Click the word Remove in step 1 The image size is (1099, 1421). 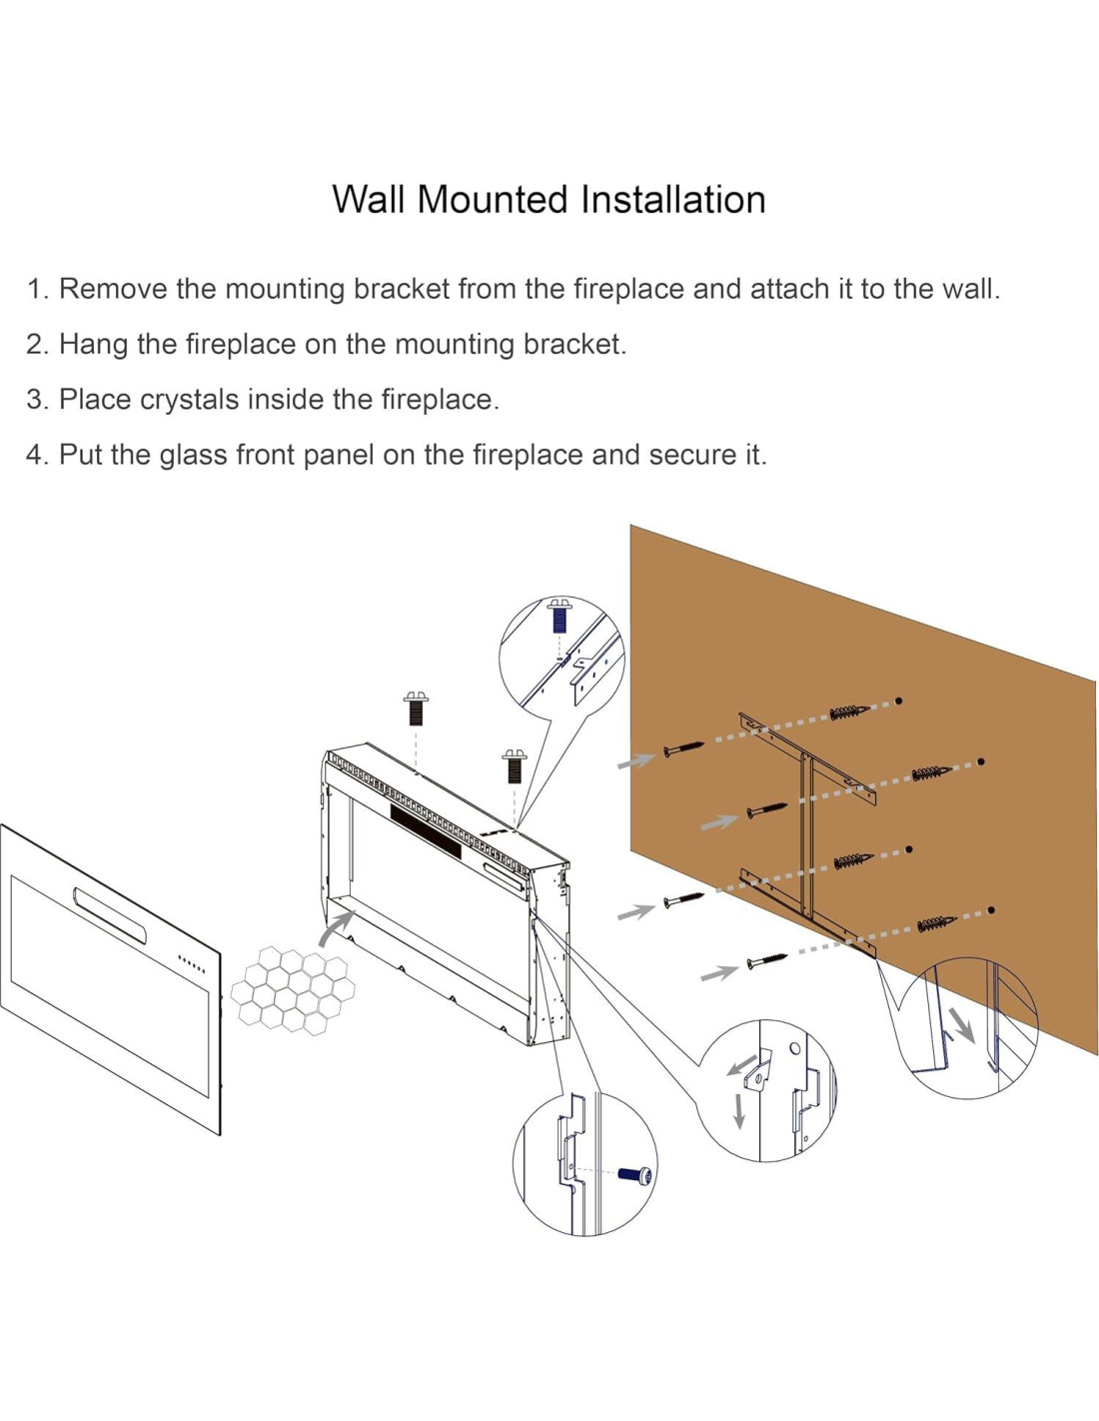click(x=113, y=289)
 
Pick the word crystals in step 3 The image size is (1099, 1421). click(x=190, y=400)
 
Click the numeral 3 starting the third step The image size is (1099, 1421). click(x=34, y=400)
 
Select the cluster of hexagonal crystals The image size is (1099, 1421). click(x=293, y=991)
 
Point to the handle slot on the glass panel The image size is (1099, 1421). click(x=109, y=914)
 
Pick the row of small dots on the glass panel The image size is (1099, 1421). click(x=192, y=964)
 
